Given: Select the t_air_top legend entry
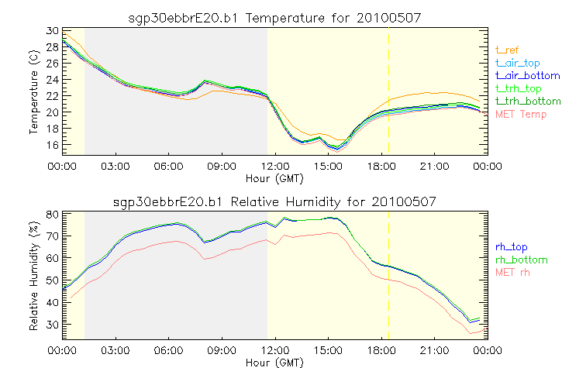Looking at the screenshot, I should tap(517, 63).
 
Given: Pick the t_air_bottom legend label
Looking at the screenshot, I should tap(524, 75).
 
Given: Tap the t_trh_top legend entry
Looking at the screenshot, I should tap(518, 88).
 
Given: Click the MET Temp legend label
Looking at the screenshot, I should tap(520, 115).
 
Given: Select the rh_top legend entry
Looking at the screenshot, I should tap(510, 247).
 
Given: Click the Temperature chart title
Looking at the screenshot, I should tap(273, 17).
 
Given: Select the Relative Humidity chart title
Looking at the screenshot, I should tap(273, 201).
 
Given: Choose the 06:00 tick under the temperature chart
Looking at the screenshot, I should tap(167, 165).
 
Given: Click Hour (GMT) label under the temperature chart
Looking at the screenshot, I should tap(273, 178).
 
